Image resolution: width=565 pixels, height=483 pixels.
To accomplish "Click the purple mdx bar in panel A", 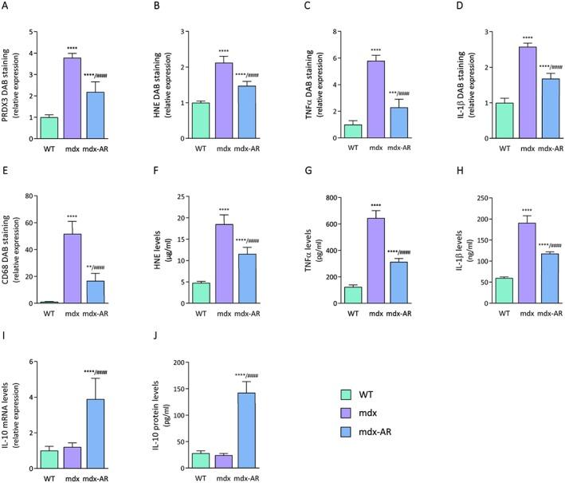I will [72, 87].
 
